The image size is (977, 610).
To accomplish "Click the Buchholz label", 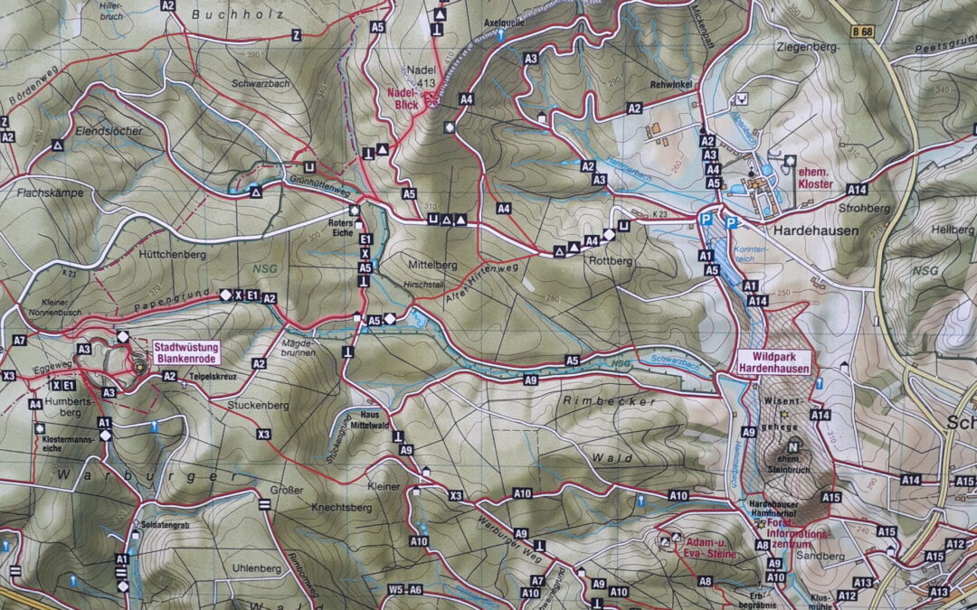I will coord(238,14).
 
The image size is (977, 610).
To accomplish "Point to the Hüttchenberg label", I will coord(173,255).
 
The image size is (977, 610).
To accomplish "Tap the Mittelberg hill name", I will coord(432,265).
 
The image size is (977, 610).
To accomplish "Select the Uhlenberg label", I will coord(256,568).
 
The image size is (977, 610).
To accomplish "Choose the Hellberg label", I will coord(957,230).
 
